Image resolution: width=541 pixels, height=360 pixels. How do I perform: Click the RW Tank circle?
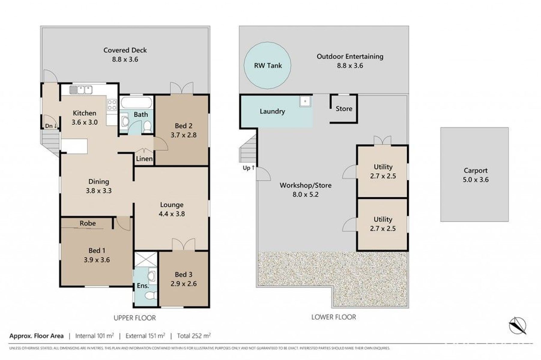267,65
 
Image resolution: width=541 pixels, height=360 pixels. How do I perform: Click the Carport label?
476,170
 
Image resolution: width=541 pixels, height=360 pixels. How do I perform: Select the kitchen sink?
81,90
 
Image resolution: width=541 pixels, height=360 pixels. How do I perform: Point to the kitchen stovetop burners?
112,105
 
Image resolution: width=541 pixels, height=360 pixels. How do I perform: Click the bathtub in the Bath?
136,103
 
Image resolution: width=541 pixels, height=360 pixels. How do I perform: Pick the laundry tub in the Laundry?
305,101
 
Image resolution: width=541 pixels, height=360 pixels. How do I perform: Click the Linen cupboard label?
144,159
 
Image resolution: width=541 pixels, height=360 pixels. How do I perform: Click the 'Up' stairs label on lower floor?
249,168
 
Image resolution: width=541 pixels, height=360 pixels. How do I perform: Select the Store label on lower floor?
344,109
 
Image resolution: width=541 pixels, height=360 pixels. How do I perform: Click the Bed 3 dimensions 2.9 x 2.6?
183,284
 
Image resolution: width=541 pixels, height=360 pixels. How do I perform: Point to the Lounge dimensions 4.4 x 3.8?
172,214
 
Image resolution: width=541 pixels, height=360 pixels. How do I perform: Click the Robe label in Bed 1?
88,223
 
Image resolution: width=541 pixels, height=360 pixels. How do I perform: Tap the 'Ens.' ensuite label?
143,286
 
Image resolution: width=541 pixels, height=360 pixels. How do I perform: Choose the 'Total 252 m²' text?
194,336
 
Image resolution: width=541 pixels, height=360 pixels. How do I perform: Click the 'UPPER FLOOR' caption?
134,318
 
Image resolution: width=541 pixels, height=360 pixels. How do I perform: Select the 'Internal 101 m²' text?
95,336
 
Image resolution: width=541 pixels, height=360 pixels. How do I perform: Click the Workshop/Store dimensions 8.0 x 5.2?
306,194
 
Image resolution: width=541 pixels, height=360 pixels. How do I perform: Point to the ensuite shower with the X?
146,259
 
